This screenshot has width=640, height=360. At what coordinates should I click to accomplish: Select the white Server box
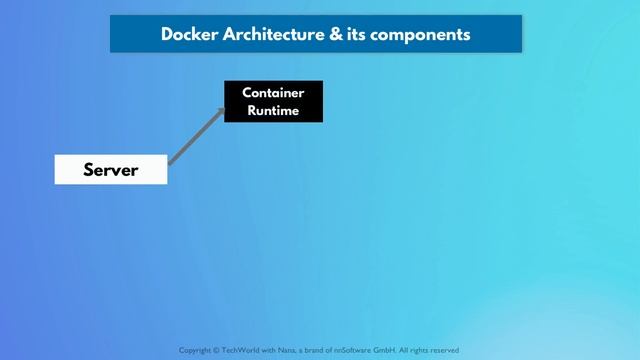click(110, 170)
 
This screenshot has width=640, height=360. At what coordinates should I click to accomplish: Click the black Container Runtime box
click(273, 101)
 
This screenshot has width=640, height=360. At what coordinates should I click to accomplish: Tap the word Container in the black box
click(273, 93)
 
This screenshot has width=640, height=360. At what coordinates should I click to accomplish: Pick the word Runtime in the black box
click(273, 110)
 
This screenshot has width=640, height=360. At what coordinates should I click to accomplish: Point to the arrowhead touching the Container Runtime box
click(221, 107)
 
